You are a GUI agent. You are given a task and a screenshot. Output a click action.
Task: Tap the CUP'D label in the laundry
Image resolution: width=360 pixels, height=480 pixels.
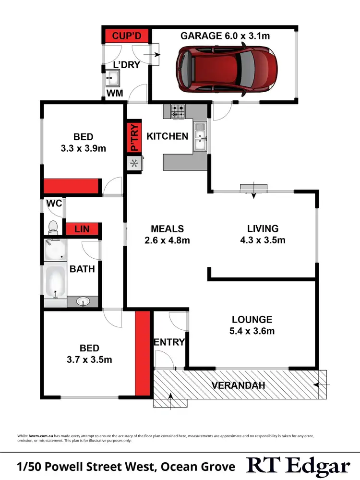[x=126, y=36]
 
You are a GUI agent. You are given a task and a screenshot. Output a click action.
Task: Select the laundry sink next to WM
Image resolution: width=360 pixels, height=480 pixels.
[x=113, y=76]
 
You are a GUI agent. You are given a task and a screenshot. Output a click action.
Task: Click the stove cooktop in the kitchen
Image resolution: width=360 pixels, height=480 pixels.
[x=178, y=112]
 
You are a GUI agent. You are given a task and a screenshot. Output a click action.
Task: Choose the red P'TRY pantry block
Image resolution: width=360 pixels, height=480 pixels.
[x=134, y=137]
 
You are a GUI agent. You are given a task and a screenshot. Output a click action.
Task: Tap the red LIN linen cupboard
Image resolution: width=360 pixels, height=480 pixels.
[x=83, y=229]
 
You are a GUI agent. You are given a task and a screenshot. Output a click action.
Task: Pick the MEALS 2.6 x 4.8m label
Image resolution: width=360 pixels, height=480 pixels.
[x=167, y=234]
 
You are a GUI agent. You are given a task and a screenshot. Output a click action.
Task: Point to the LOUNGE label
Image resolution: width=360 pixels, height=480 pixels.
[x=252, y=319]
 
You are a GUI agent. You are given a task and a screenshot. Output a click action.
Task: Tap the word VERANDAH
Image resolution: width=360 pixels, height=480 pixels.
[x=239, y=385]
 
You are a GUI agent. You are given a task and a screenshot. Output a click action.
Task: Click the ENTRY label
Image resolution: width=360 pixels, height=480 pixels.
[x=169, y=342]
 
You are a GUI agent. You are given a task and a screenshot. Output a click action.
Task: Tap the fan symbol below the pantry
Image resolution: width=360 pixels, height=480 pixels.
[x=134, y=164]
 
